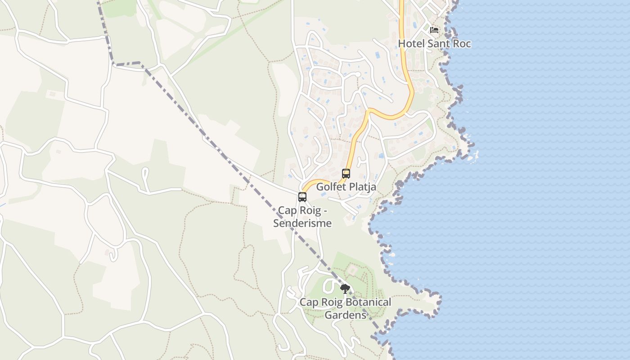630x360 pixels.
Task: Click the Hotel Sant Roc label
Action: [x=434, y=44]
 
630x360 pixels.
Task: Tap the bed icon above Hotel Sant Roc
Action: [x=434, y=30]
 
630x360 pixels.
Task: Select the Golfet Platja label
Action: [x=346, y=187]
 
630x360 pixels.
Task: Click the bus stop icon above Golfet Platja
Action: [x=346, y=173]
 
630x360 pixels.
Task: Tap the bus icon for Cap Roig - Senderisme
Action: [x=302, y=197]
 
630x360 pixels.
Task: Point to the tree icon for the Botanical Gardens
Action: [x=345, y=289]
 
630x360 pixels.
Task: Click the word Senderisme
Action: [x=302, y=223]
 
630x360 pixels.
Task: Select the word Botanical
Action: [x=364, y=302]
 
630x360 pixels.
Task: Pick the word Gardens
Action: [x=346, y=315]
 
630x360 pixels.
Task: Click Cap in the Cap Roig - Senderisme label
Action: [x=287, y=211]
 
